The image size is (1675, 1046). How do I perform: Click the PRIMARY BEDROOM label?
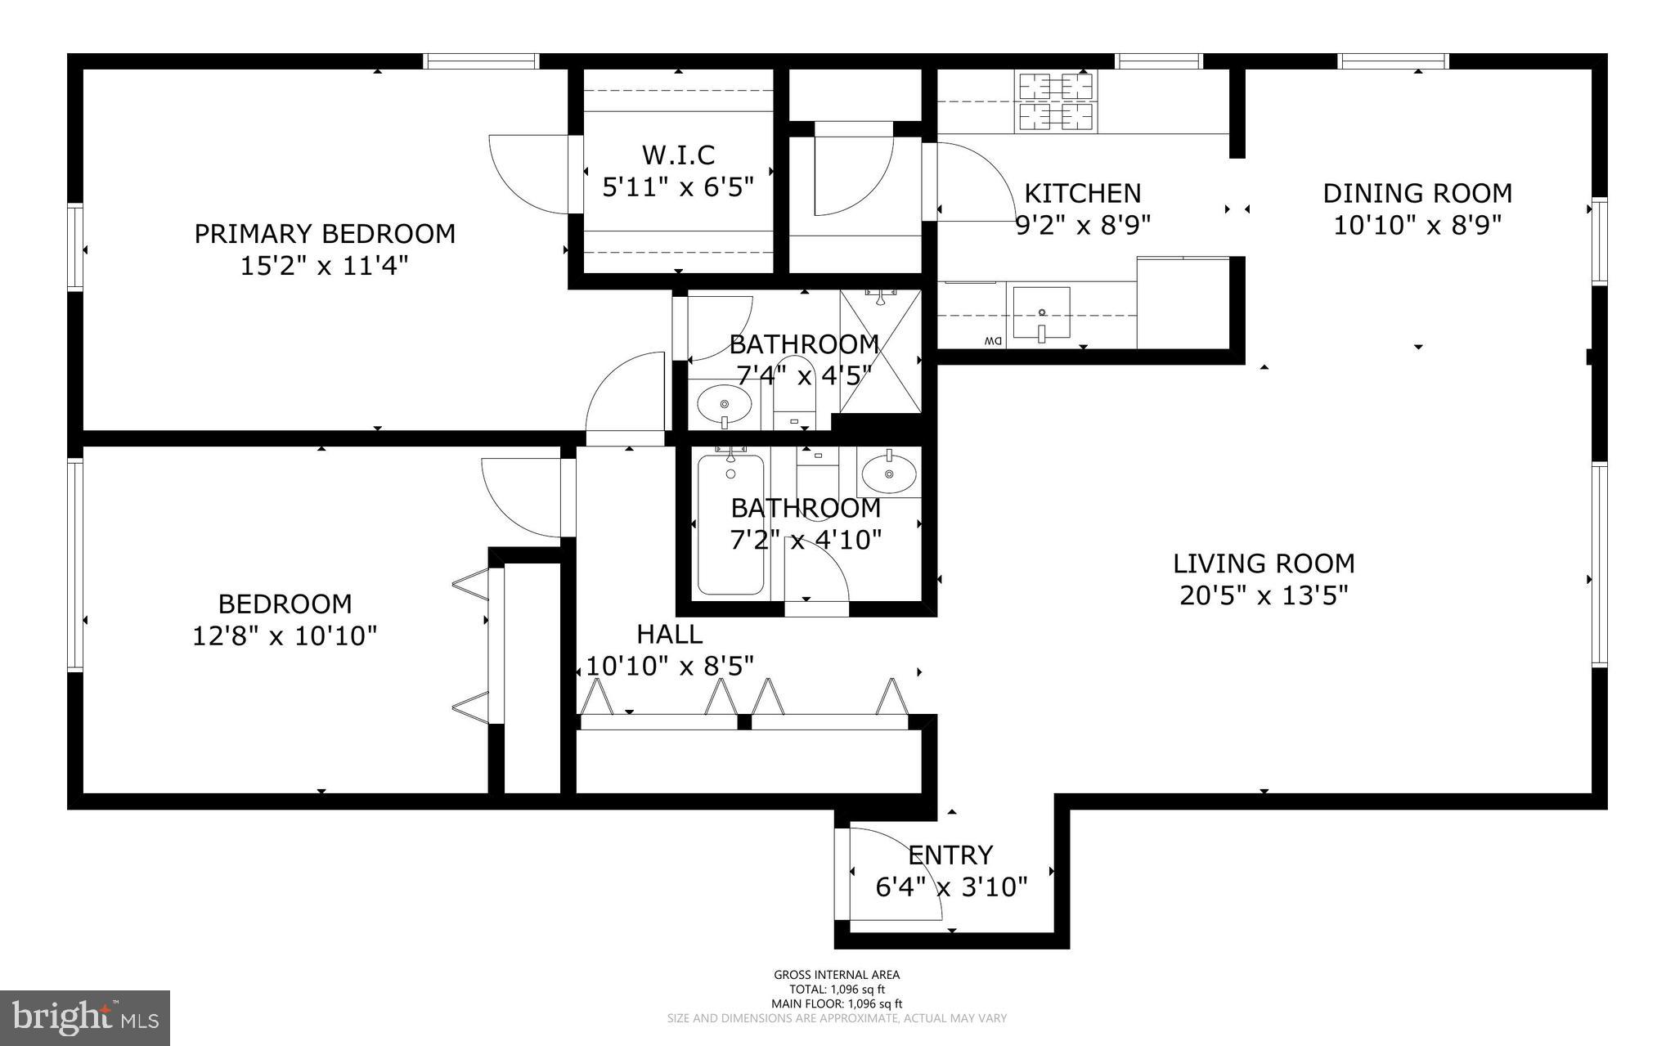pos(324,234)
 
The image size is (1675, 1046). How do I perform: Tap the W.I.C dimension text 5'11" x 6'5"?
pos(677,187)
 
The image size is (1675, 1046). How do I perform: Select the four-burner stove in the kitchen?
pos(1056,102)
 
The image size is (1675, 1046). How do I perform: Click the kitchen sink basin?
pos(1041,312)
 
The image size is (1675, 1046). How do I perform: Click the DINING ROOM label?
pos(1417,194)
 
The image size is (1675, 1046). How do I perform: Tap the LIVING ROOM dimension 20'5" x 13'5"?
pos(1263,595)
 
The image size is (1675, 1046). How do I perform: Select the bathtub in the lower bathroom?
pos(730,524)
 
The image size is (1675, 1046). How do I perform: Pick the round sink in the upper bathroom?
pos(725,403)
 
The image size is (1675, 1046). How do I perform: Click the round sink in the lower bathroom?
pos(888,474)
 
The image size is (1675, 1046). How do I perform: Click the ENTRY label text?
pos(950,855)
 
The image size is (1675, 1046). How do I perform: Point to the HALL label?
pos(669,634)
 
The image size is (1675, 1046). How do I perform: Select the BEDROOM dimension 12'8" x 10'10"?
pos(285,636)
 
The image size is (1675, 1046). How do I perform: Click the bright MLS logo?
pos(85,1017)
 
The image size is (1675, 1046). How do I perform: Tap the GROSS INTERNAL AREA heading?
pos(837,975)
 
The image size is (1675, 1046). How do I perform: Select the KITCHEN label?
pos(1082,194)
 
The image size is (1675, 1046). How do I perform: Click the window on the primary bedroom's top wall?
pos(481,61)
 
